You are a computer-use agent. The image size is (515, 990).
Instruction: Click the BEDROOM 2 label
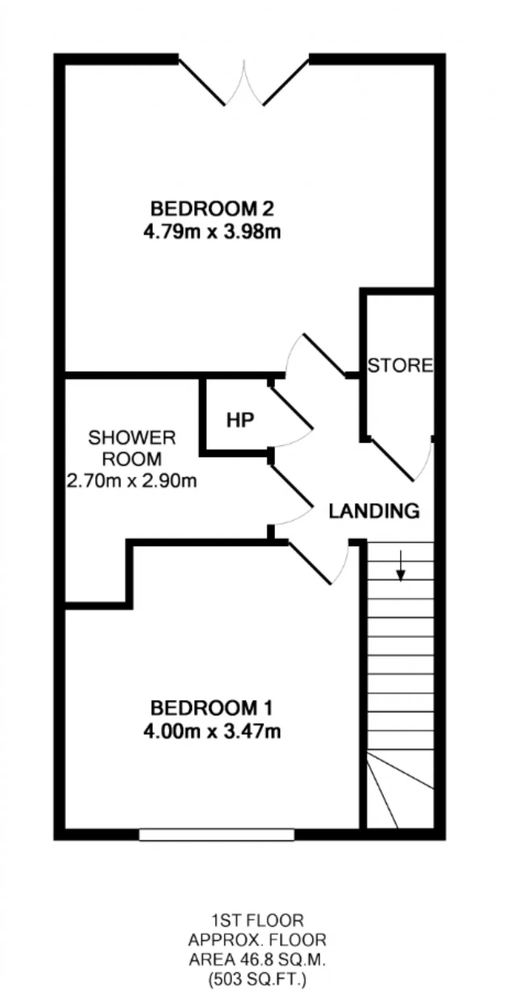(212, 209)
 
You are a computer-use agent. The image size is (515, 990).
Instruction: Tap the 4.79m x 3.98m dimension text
(212, 232)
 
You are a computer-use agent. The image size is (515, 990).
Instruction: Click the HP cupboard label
(240, 420)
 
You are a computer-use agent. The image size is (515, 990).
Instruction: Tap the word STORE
(400, 365)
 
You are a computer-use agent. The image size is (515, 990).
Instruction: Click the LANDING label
(374, 511)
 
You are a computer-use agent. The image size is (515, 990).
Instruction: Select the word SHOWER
(132, 438)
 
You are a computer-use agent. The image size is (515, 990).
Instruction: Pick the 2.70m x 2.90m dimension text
(132, 481)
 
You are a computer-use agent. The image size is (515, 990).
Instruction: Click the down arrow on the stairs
(401, 566)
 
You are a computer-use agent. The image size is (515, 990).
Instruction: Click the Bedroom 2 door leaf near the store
(324, 355)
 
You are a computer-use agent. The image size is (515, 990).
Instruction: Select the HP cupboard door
(290, 407)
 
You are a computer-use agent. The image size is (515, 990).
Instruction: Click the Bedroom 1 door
(309, 563)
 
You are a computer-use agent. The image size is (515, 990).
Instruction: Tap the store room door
(392, 460)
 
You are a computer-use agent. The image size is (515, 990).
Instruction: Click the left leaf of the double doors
(202, 82)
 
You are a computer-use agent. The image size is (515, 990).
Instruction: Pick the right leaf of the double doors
(286, 82)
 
